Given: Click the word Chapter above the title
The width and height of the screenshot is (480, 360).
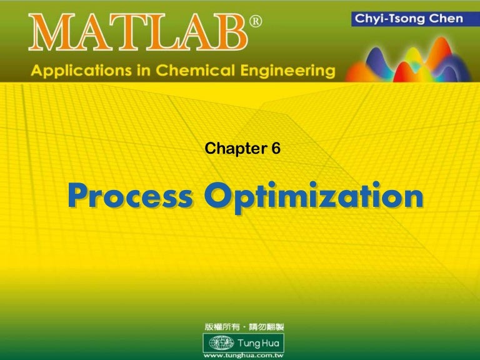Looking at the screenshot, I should tap(229, 149).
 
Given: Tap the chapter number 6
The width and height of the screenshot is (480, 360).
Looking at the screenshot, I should tap(275, 149).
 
